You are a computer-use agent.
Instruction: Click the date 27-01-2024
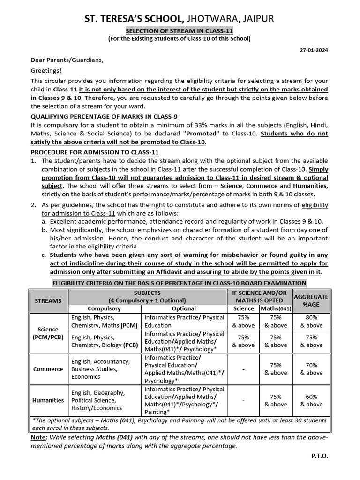coord(314,50)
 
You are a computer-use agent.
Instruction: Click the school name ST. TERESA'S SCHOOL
coord(133,19)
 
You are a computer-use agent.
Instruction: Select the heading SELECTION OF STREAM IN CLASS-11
coord(180,30)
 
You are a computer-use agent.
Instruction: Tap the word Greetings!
coord(46,70)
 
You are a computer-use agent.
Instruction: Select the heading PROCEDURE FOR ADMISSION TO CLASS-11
coord(95,152)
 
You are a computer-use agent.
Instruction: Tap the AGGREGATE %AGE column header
coord(311,300)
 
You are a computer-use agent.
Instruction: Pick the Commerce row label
coord(49,369)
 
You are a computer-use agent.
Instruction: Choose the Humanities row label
coord(49,400)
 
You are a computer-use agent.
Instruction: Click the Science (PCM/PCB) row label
coord(49,333)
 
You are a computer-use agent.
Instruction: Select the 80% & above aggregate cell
coord(311,321)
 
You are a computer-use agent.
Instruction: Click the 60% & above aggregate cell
coord(311,400)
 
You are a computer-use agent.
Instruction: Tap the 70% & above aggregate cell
coord(311,369)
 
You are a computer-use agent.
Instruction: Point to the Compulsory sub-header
coord(105,308)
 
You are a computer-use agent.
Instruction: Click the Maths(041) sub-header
coord(276,308)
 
